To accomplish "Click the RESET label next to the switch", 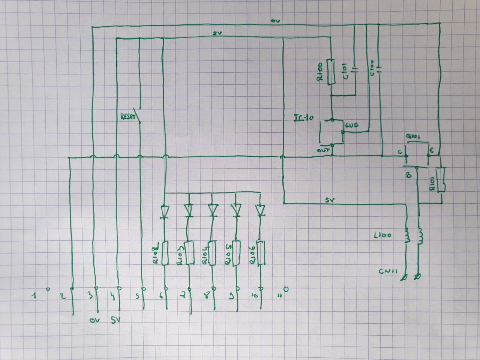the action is (128, 117).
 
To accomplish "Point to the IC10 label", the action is (304, 118).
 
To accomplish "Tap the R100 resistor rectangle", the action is (331, 72).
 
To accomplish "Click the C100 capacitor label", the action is (372, 68).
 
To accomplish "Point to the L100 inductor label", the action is (383, 236).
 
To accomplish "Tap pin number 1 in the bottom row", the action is (34, 295).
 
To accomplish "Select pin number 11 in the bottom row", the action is (279, 295).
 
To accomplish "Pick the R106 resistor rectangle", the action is (259, 253).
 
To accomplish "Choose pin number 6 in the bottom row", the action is (162, 296).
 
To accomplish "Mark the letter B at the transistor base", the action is (409, 175).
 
